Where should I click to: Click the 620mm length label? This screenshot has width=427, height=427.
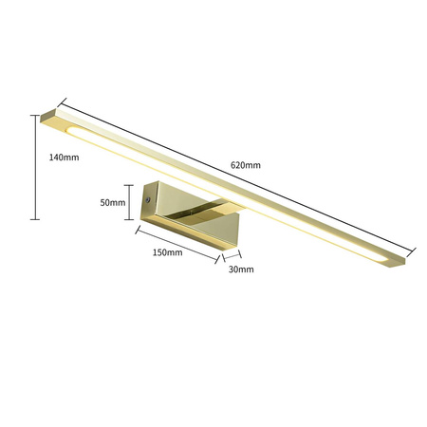point(245,164)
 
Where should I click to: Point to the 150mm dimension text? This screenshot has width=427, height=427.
point(166,252)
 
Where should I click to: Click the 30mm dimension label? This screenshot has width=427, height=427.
point(241,269)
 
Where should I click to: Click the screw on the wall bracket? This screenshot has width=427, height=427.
point(149,200)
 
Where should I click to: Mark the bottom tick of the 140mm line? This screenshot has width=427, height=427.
point(36,218)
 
